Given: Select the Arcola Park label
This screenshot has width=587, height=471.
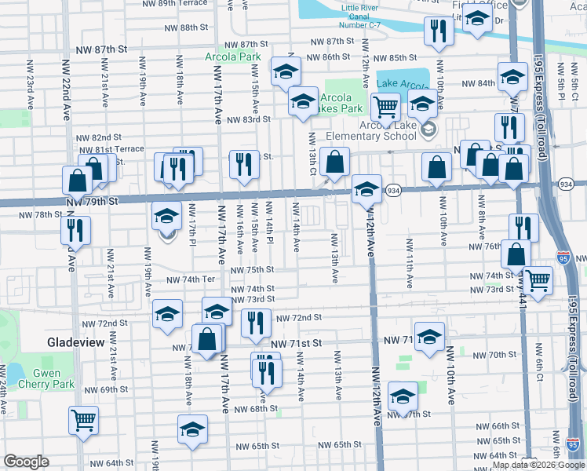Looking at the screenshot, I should pyautogui.click(x=232, y=57).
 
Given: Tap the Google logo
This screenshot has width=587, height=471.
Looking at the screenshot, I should pyautogui.click(x=26, y=462).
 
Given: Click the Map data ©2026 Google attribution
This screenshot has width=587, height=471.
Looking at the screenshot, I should pyautogui.click(x=538, y=465).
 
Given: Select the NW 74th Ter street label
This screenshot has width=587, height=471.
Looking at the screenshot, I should pyautogui.click(x=189, y=279).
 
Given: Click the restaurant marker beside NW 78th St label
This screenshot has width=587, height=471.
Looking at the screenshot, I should pyautogui.click(x=76, y=229).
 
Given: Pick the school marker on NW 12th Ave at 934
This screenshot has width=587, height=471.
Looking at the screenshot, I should pyautogui.click(x=366, y=188).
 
